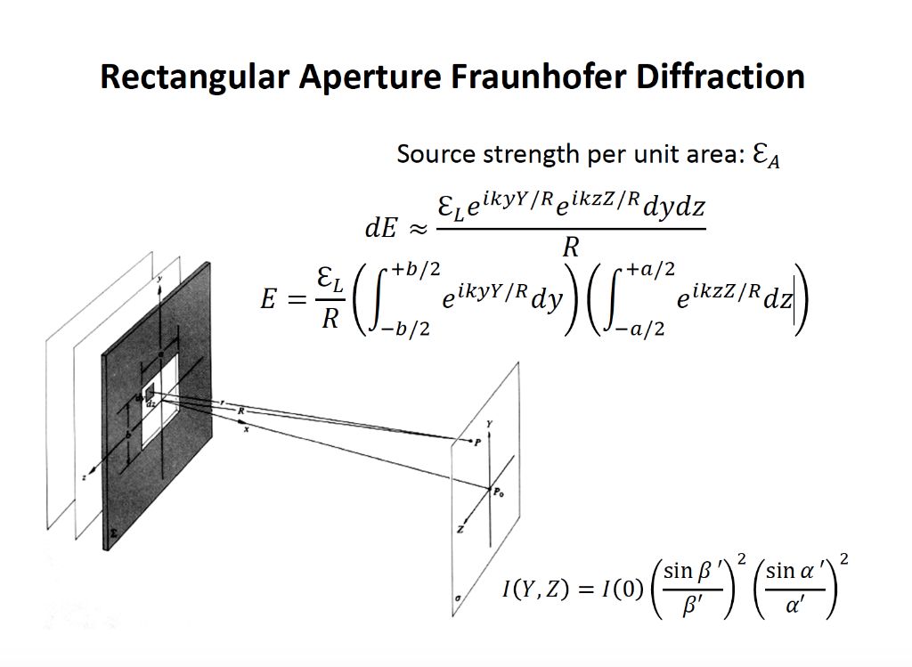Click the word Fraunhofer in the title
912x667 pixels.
[x=526, y=77]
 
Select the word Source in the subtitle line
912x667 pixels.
[x=436, y=154]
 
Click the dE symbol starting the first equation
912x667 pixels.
[x=380, y=228]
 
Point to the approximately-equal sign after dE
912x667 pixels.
[x=417, y=229]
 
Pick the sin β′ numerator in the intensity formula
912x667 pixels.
[x=691, y=571]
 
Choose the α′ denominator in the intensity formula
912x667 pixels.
[x=793, y=605]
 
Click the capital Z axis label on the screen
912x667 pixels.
[x=460, y=530]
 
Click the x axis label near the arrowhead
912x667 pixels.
[x=246, y=429]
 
